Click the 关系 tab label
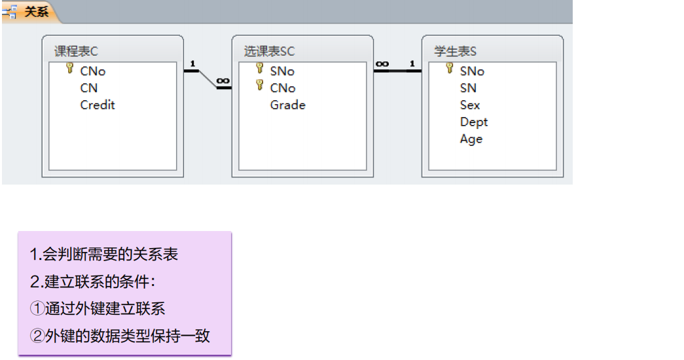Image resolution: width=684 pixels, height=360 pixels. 36,12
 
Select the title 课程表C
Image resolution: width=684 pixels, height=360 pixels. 76,52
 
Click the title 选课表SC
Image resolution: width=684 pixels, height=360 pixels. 270,52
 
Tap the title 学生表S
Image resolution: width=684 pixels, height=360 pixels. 455,52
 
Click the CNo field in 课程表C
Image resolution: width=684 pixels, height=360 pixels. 93,71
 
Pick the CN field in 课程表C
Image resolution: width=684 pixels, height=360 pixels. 89,88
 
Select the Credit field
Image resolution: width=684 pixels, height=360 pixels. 98,105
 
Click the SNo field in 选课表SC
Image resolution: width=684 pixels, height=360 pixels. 282,71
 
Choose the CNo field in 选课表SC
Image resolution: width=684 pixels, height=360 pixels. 283,88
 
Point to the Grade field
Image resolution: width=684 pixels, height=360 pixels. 287,105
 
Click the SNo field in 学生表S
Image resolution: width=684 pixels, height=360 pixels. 472,71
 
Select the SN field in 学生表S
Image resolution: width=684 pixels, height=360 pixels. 468,88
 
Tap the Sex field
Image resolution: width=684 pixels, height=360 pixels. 469,105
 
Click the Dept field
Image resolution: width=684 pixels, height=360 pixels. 473,122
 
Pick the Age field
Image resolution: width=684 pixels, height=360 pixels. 471,139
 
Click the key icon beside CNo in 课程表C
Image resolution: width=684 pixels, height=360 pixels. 70,69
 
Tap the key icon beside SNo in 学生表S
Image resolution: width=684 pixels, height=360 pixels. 450,69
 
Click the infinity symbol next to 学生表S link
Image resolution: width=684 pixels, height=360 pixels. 383,64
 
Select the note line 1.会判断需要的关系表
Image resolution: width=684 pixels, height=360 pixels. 104,255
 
